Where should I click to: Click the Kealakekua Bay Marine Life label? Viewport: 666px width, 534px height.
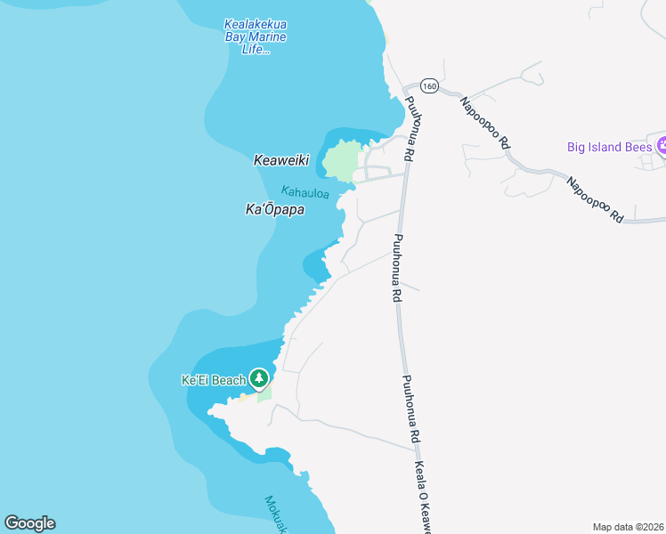[x=255, y=36]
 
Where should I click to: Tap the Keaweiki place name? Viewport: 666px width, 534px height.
[x=280, y=161]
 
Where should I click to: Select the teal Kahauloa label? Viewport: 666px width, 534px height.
[x=305, y=191]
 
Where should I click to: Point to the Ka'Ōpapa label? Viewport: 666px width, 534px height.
[x=275, y=210]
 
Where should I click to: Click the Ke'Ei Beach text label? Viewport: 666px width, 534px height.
[x=213, y=380]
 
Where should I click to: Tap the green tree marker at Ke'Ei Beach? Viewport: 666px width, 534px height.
[x=259, y=379]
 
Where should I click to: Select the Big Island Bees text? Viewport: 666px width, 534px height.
[x=609, y=146]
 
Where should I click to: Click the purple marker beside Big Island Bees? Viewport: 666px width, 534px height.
[x=662, y=145]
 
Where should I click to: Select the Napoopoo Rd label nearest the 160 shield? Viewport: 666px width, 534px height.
[x=484, y=121]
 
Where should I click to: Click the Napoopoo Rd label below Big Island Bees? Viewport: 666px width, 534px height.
[x=595, y=198]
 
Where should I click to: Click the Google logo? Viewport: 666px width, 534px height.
[x=29, y=523]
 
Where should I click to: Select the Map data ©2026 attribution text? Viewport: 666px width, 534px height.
[x=628, y=527]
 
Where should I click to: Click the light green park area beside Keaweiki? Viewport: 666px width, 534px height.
[x=342, y=160]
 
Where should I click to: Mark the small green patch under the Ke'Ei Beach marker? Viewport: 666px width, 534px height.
[x=264, y=394]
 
